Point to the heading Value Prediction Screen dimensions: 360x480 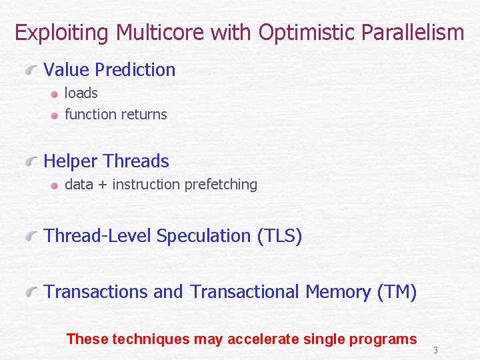109,69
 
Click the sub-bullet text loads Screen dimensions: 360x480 81,93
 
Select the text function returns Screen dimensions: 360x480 115,114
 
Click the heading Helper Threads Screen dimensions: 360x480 106,161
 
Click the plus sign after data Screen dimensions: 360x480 103,185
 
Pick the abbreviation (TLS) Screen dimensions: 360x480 279,236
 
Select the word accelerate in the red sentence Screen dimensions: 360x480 263,339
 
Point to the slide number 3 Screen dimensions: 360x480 435,350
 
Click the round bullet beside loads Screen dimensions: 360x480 55,94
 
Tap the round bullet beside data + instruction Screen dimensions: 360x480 55,185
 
